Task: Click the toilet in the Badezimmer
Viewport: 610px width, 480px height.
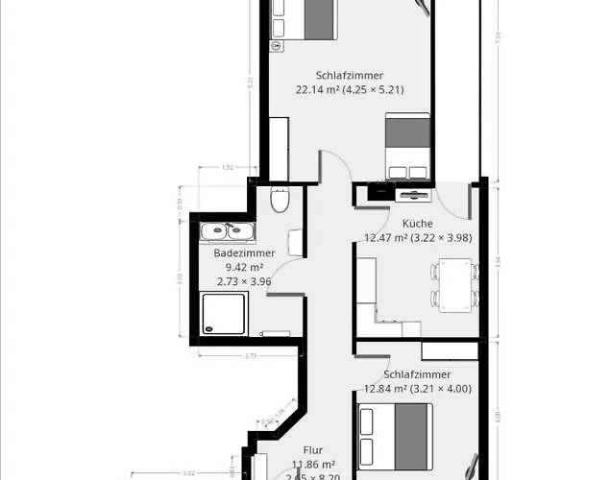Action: (x=280, y=201)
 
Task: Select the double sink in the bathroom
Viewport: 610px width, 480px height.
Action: (x=226, y=230)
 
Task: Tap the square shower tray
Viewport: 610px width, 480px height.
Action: (x=224, y=313)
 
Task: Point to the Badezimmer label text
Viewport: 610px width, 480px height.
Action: (x=244, y=253)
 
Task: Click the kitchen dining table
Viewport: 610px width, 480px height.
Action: (x=455, y=285)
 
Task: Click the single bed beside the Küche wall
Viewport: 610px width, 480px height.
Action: (x=407, y=146)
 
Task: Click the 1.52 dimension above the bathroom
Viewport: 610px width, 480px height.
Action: (x=227, y=168)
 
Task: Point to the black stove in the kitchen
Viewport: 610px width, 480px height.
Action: (x=380, y=192)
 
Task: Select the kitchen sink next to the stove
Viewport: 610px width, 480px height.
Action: (x=414, y=195)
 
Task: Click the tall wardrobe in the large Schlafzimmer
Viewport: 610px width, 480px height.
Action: (x=279, y=148)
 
